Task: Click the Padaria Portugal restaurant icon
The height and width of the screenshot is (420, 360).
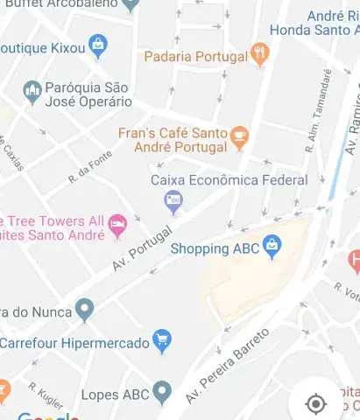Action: [x=259, y=55]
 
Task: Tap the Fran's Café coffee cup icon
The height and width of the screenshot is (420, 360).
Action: [x=239, y=136]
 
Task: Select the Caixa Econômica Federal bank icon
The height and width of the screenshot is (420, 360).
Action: [x=173, y=201]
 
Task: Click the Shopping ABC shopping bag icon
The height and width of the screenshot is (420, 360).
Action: [x=272, y=248]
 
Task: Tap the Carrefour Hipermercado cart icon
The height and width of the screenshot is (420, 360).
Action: [x=161, y=341]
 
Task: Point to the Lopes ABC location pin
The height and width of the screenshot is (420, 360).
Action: [x=161, y=393]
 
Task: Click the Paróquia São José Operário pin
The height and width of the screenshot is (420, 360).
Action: [x=33, y=91]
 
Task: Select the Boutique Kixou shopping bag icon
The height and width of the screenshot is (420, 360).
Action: [x=98, y=44]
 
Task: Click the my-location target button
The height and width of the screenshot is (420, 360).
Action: [x=315, y=403]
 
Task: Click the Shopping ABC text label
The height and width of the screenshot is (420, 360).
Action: [x=215, y=248]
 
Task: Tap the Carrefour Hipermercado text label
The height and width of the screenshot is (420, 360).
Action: [x=74, y=343]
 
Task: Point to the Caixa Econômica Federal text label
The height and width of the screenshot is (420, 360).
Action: [x=229, y=180]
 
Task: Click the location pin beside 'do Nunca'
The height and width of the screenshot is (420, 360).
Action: [x=84, y=308]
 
